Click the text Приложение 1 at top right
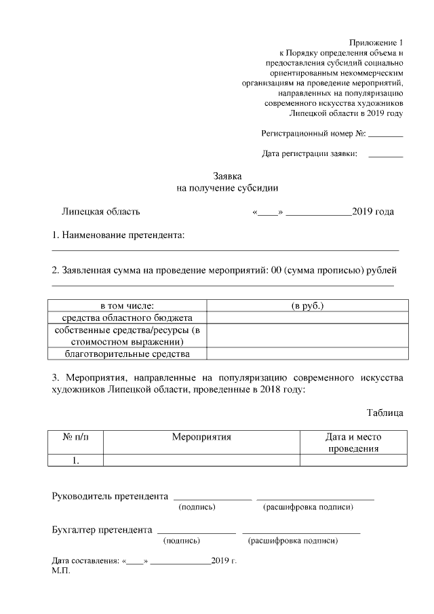coord(376,43)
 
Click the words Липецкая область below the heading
coord(100,212)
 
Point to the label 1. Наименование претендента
coord(118,235)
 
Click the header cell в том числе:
coord(127,306)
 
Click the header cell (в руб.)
coord(307,306)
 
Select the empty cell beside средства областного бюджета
coord(307,318)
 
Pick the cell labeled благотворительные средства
coord(127,353)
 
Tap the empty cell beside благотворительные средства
coord(307,353)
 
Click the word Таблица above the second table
coord(385,412)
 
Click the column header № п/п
coord(76,438)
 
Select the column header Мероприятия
coord(201,438)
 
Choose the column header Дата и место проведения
coord(353,443)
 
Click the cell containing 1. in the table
coord(76,461)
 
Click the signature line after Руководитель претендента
coord(212,497)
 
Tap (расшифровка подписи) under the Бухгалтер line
coord(293,541)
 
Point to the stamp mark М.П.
coord(60,571)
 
